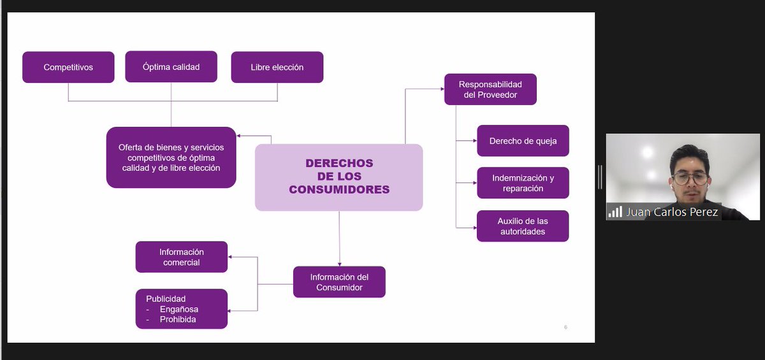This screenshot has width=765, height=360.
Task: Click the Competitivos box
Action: pos(68,67)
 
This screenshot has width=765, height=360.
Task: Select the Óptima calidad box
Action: pos(171,67)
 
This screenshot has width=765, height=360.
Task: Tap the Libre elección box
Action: pos(277,67)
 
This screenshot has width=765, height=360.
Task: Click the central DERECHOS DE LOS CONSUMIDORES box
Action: pos(339,176)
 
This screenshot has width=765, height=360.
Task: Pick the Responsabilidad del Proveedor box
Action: pos(490,89)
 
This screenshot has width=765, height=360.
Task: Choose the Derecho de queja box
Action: pos(523,141)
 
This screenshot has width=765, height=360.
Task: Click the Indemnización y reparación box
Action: pos(523,183)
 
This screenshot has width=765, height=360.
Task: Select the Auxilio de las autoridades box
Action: pos(523,226)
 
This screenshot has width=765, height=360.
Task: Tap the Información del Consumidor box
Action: pos(339,282)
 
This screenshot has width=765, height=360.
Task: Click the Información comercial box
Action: pos(181,257)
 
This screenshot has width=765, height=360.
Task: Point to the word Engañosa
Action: pos(178,309)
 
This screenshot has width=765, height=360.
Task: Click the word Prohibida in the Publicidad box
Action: pos(178,319)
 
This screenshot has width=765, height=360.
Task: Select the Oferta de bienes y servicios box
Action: pos(171,157)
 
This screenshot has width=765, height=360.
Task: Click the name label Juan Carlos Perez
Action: pos(672,212)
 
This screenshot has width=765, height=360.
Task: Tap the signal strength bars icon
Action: pos(615,212)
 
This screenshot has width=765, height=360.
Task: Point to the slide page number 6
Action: pos(565,328)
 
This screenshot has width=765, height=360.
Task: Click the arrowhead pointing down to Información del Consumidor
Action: pos(339,263)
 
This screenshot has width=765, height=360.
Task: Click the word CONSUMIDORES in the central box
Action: pos(339,189)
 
